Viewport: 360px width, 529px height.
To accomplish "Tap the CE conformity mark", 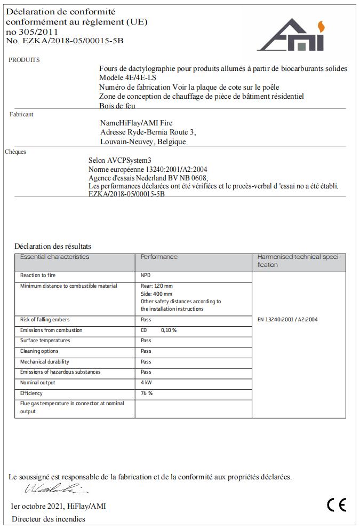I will click(337, 504).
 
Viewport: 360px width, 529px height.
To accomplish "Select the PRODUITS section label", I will click(24, 60).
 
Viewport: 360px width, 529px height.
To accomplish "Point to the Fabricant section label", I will click(21, 114).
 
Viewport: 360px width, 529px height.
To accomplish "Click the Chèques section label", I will click(15, 152).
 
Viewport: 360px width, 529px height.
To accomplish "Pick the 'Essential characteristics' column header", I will click(55, 257).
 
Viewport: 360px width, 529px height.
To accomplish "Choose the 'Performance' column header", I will click(159, 257).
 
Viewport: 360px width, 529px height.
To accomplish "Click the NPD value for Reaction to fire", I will click(146, 275).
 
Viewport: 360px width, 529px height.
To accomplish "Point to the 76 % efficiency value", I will click(147, 393).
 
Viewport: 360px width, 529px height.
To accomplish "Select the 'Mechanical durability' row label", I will click(45, 362).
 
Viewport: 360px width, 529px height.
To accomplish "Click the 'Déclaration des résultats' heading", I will click(53, 246).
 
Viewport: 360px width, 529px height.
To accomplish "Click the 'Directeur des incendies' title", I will click(48, 519).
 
